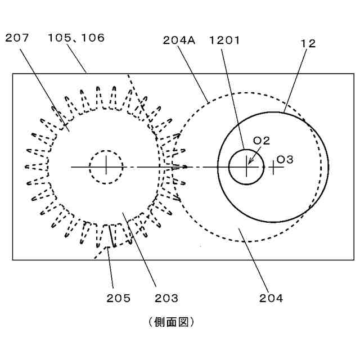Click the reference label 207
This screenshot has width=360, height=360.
[x=18, y=38]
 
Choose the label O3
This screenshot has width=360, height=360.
[x=285, y=160]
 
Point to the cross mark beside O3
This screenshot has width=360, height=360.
[x=273, y=166]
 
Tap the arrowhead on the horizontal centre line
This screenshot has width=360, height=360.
[x=184, y=166]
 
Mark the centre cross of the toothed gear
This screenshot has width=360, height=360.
[x=106, y=166]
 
